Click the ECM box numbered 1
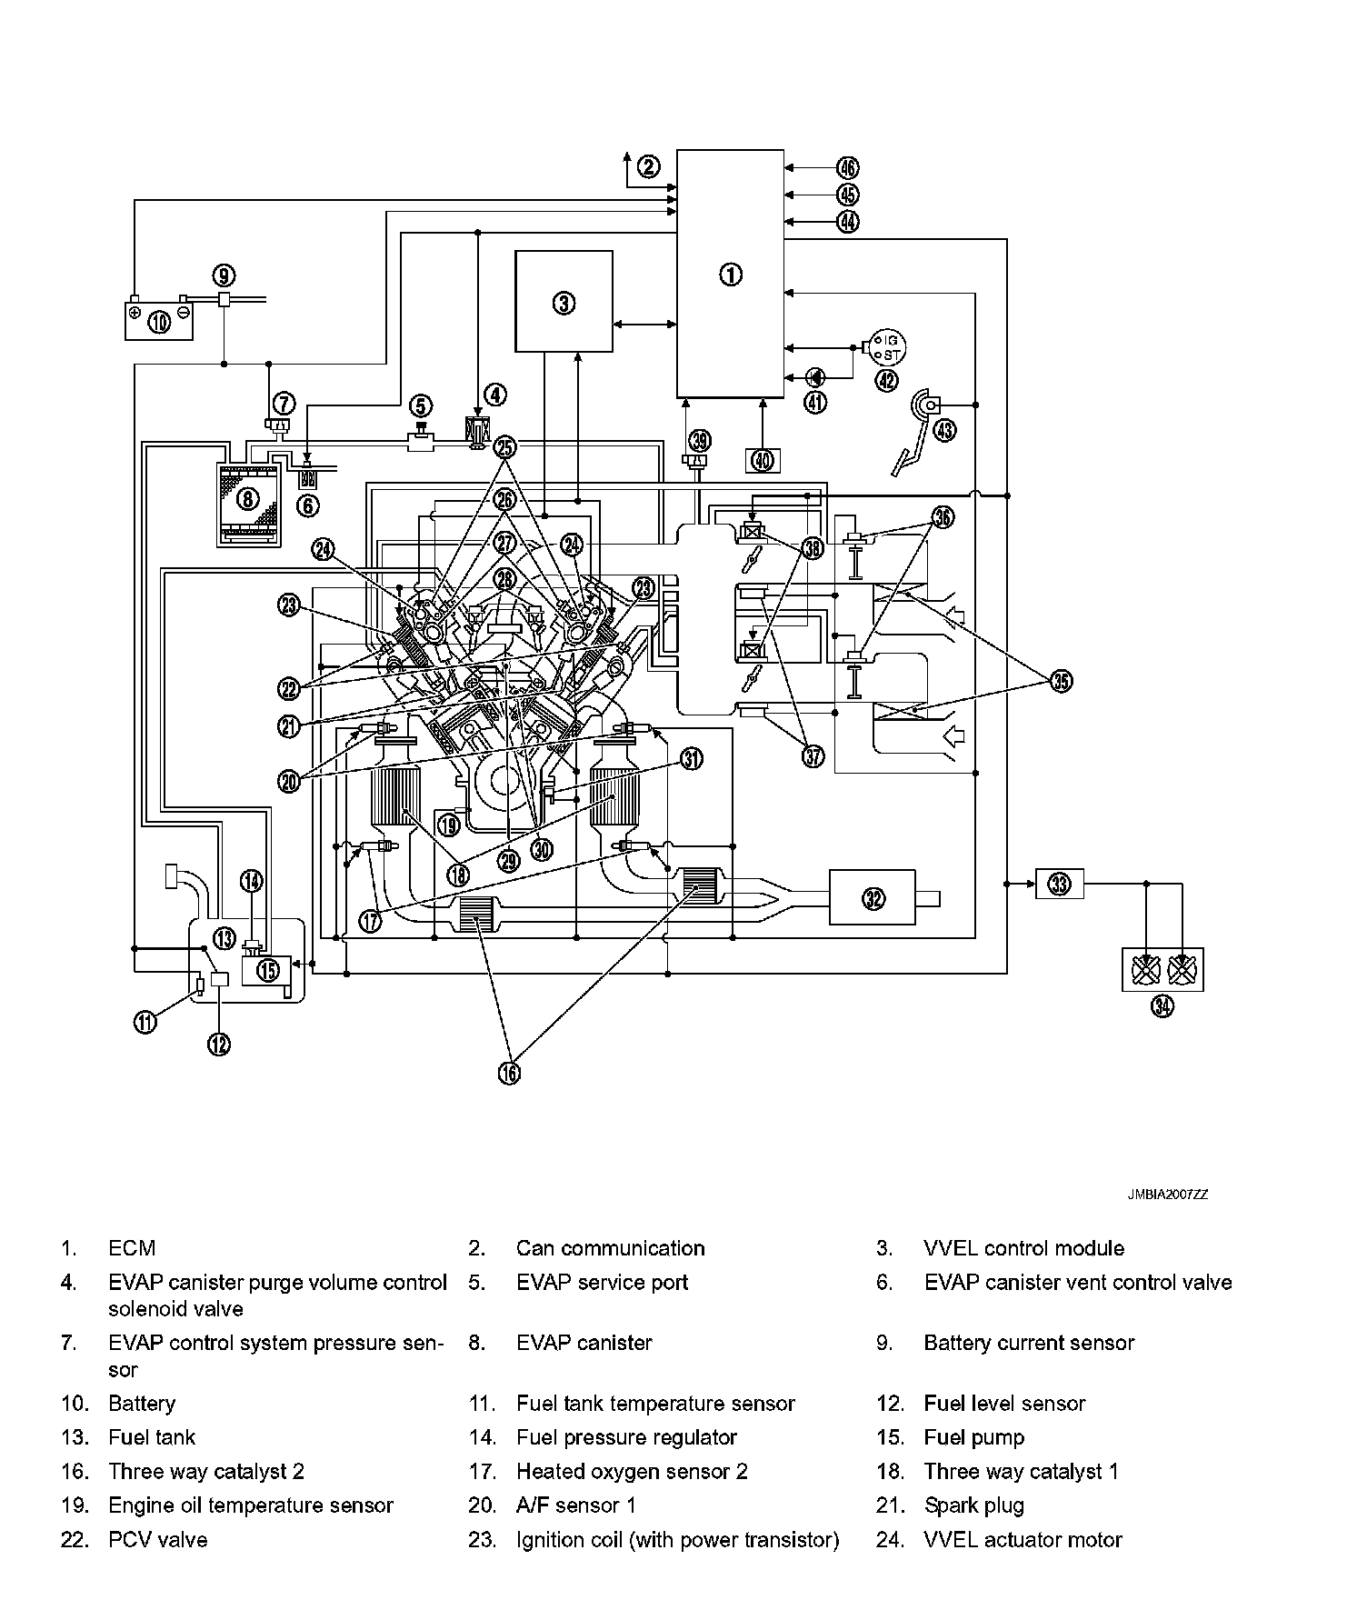pos(730,274)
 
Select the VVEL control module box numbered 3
pos(564,302)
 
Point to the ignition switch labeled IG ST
pos(886,346)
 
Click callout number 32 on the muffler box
pos(873,898)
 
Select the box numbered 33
pos(1060,883)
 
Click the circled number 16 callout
pos(509,1073)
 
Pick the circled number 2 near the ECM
pos(648,166)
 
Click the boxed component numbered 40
pos(763,461)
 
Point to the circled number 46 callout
pos(847,167)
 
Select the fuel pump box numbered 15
pos(267,970)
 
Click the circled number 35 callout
pos(1061,681)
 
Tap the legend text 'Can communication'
pos(610,1248)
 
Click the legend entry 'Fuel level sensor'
pos(1004,1404)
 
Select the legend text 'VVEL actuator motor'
pos(1023,1540)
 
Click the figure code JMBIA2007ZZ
pos(1168,1195)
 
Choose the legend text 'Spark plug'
pos(973,1505)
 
